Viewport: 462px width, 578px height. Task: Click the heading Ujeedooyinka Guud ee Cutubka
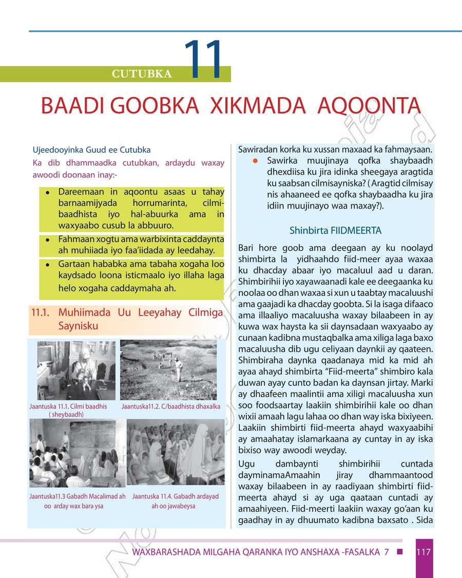[91, 151]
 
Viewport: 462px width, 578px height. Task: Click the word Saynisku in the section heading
[78, 326]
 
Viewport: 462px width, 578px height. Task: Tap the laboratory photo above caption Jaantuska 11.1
[76, 370]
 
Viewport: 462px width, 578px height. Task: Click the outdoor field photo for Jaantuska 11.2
[171, 370]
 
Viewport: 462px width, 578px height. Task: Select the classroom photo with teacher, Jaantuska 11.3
[77, 453]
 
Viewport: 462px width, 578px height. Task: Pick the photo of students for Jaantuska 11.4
[175, 453]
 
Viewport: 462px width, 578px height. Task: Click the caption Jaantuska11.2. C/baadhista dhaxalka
[171, 406]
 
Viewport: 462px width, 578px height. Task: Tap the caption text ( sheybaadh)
[66, 414]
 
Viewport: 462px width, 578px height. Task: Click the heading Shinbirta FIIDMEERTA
[335, 231]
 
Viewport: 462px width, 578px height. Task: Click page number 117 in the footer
[423, 552]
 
